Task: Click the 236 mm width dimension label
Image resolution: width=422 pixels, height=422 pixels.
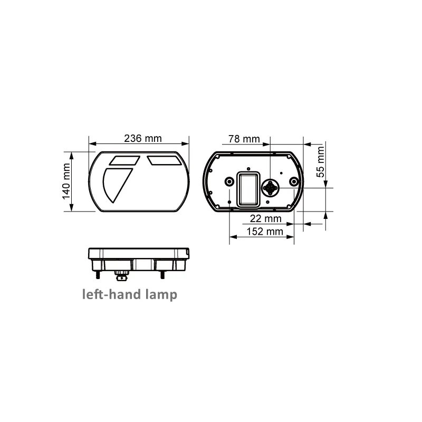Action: (142, 139)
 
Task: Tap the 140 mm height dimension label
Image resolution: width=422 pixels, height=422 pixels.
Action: (67, 181)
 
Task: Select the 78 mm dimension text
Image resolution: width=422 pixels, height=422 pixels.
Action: (244, 139)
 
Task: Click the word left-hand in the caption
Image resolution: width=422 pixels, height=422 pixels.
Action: (111, 294)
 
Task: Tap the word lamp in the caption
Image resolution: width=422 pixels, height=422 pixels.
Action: (160, 294)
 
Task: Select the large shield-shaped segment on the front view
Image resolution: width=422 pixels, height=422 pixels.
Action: (117, 184)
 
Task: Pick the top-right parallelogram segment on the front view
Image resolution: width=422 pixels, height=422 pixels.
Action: (164, 159)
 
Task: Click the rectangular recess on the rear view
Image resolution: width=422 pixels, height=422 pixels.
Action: (248, 189)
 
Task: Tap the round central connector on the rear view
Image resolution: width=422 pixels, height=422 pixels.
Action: (271, 188)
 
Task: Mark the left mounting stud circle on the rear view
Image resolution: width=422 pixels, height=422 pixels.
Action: (229, 182)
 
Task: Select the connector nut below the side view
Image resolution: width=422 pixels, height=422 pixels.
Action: (121, 275)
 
